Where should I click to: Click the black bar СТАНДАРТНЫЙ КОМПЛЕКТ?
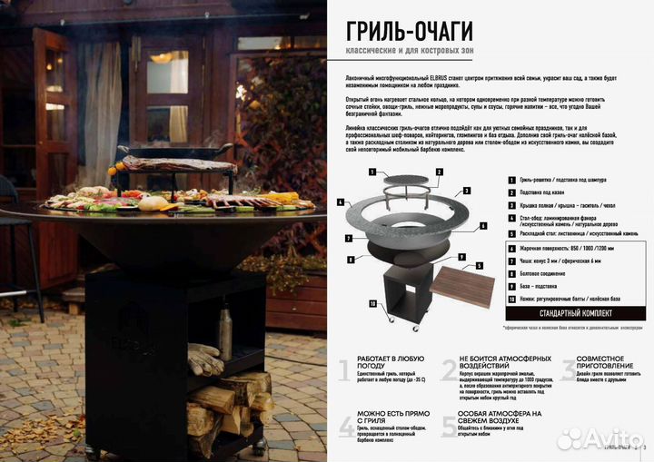pyautogui.click(x=575, y=313)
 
